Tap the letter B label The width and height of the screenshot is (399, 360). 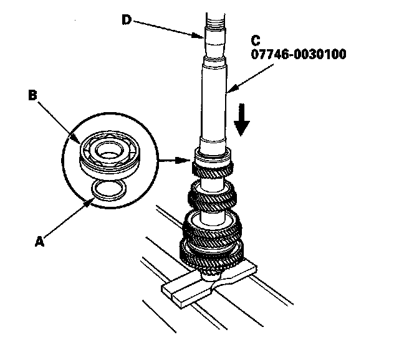[x=33, y=96]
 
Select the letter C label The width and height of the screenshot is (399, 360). [x=255, y=40]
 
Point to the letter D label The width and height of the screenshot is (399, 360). [x=127, y=20]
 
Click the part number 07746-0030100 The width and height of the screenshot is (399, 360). [x=299, y=54]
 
